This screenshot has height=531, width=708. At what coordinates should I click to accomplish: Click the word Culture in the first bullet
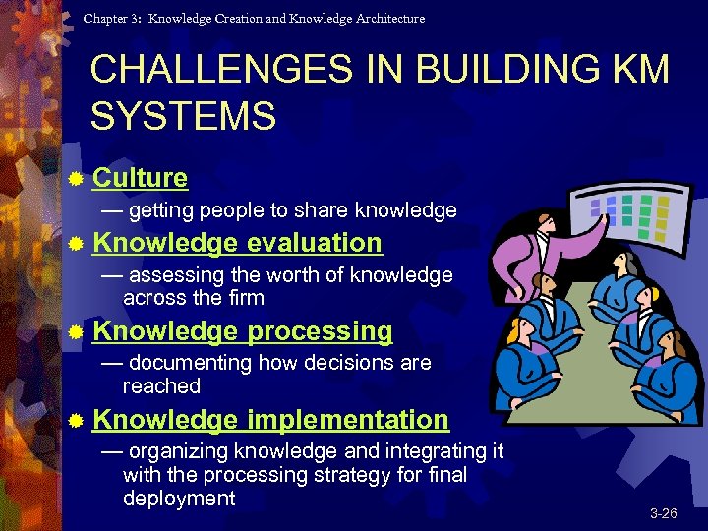pyautogui.click(x=140, y=178)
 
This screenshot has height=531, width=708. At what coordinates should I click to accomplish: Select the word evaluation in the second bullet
pyautogui.click(x=314, y=243)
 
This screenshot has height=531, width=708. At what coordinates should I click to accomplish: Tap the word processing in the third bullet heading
pyautogui.click(x=320, y=331)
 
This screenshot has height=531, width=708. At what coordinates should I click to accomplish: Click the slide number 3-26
pyautogui.click(x=663, y=514)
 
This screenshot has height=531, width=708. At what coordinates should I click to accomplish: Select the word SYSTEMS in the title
pyautogui.click(x=183, y=117)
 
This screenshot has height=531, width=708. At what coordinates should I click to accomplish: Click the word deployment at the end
pyautogui.click(x=179, y=498)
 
